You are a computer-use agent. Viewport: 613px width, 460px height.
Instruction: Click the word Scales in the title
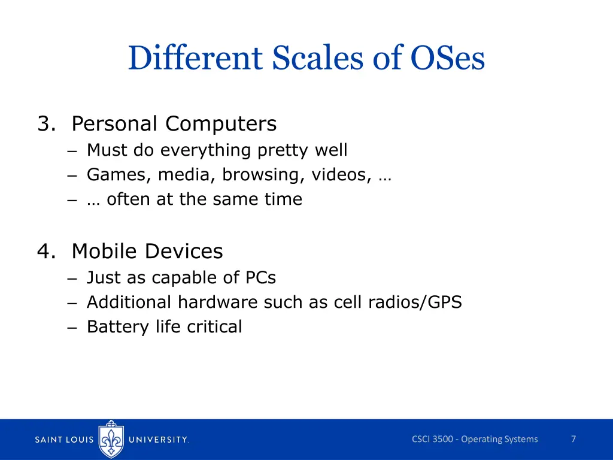click(x=315, y=59)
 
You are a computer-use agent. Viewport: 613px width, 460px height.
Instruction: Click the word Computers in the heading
click(x=221, y=124)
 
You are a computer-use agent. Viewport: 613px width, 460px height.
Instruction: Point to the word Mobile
click(x=106, y=252)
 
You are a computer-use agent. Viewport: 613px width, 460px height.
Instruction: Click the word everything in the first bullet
click(x=207, y=150)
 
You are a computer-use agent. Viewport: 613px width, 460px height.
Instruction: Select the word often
click(x=129, y=199)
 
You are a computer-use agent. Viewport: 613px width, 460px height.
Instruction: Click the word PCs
click(x=260, y=278)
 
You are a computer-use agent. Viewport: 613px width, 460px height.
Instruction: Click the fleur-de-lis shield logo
click(x=111, y=439)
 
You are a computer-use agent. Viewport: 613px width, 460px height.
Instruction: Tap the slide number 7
click(x=573, y=439)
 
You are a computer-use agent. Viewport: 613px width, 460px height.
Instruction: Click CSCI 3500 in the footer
click(x=432, y=439)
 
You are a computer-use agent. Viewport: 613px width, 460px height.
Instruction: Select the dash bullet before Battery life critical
click(x=72, y=328)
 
